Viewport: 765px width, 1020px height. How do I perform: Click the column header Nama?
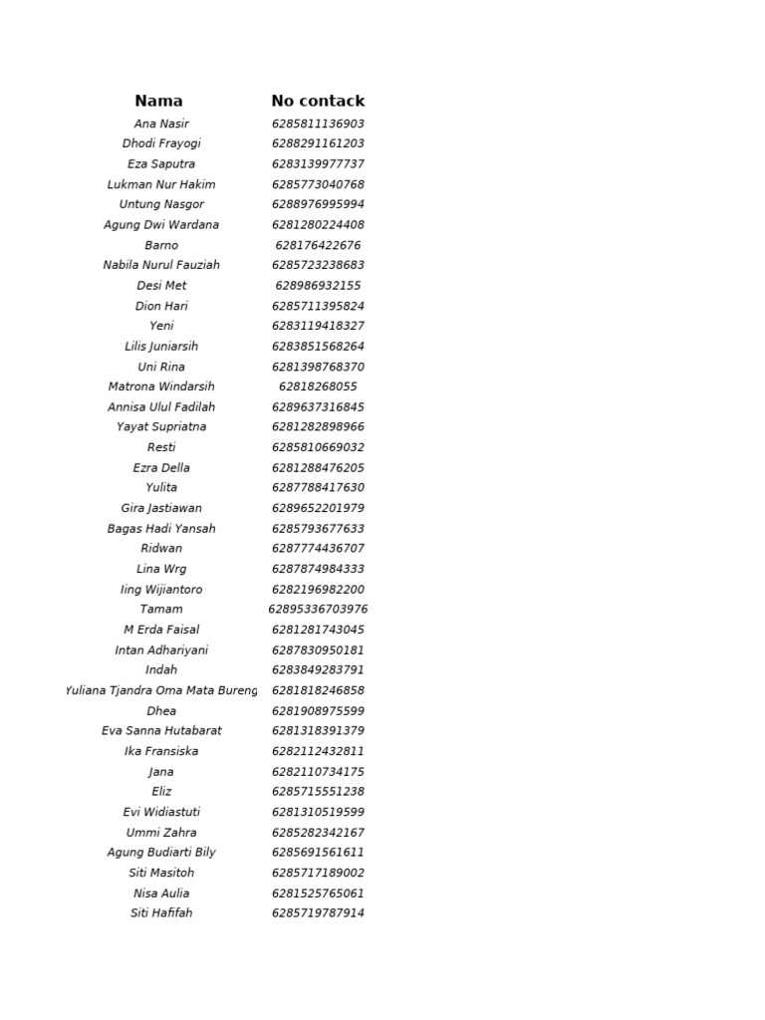pyautogui.click(x=159, y=101)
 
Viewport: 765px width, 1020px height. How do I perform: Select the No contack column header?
pyautogui.click(x=318, y=101)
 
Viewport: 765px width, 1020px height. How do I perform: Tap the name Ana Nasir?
pyautogui.click(x=161, y=124)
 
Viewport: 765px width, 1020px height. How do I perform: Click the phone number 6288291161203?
pyautogui.click(x=318, y=143)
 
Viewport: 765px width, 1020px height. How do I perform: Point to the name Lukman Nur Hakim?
pyautogui.click(x=161, y=184)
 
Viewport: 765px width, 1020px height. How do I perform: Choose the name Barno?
pyautogui.click(x=161, y=245)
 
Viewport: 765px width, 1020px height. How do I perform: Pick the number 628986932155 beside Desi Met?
pyautogui.click(x=318, y=286)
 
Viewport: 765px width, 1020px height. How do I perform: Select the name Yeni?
pyautogui.click(x=161, y=326)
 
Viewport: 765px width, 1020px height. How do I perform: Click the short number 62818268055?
pyautogui.click(x=318, y=386)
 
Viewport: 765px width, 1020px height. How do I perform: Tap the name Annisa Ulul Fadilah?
pyautogui.click(x=161, y=407)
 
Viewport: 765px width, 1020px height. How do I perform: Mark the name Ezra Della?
pyautogui.click(x=161, y=468)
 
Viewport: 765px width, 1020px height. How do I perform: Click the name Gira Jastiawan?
pyautogui.click(x=161, y=508)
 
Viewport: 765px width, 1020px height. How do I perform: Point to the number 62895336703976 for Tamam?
pyautogui.click(x=318, y=610)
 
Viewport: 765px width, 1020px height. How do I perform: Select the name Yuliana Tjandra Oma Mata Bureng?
pyautogui.click(x=161, y=690)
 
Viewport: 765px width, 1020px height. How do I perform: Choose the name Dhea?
pyautogui.click(x=161, y=711)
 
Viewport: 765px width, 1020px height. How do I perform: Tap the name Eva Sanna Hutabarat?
pyautogui.click(x=161, y=731)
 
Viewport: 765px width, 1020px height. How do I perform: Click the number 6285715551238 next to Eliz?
pyautogui.click(x=318, y=792)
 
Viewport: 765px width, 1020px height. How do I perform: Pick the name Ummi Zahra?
pyautogui.click(x=161, y=833)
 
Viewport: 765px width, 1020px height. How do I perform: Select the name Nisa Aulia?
pyautogui.click(x=161, y=893)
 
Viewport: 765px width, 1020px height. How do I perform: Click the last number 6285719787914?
pyautogui.click(x=318, y=913)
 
